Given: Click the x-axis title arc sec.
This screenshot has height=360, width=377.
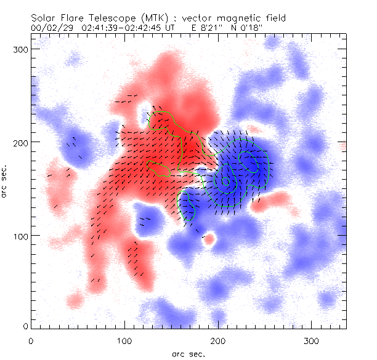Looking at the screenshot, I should (x=188, y=353).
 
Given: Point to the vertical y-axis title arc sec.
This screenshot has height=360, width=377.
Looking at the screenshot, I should (x=6, y=180).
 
